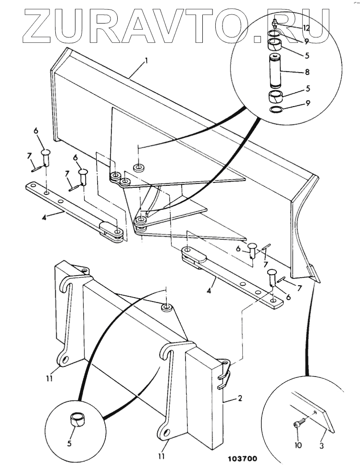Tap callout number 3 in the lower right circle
322,445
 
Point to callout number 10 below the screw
298,445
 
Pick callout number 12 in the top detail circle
306,28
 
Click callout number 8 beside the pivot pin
308,72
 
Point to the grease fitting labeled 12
274,24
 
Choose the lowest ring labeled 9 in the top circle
276,110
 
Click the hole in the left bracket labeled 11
64,360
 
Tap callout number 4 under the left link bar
44,218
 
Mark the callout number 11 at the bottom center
161,456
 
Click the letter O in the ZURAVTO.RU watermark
230,25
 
